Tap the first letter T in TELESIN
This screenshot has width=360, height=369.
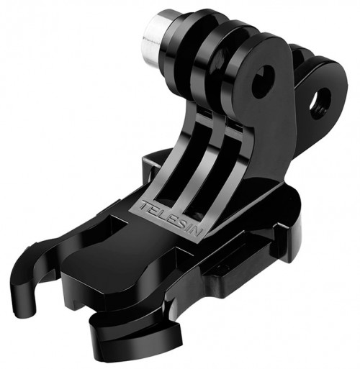point(145,205)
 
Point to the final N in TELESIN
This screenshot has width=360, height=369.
point(197,232)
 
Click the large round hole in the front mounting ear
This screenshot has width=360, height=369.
point(263,81)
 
